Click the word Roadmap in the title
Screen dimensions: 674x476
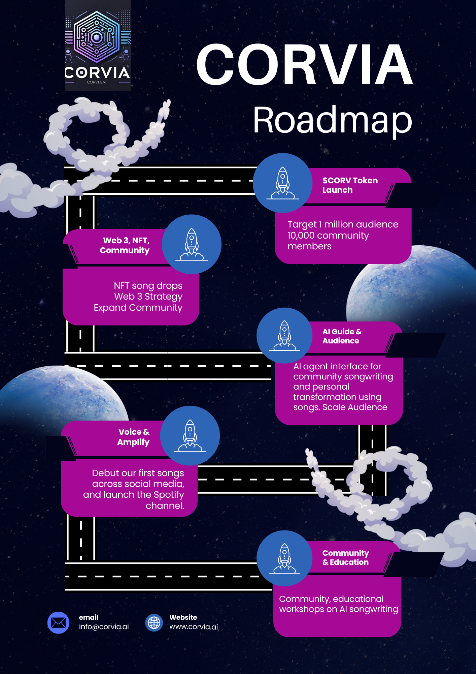coord(332,121)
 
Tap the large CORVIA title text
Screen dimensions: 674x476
coord(304,65)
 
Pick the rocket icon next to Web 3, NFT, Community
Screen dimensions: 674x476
coord(192,244)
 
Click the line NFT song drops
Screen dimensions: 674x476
coord(148,286)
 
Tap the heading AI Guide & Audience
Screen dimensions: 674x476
coord(342,336)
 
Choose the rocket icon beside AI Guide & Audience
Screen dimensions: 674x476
coord(284,336)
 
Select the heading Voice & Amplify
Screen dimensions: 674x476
coord(133,437)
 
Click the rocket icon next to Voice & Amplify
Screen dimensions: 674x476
coord(190,436)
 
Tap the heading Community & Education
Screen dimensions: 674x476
coord(345,557)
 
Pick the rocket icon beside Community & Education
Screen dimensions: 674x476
coord(284,558)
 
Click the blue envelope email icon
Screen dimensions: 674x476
coord(58,622)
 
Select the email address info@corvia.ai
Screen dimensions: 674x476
coord(104,627)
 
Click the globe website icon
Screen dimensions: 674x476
coord(154,622)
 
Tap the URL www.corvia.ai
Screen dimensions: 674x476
coord(194,627)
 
